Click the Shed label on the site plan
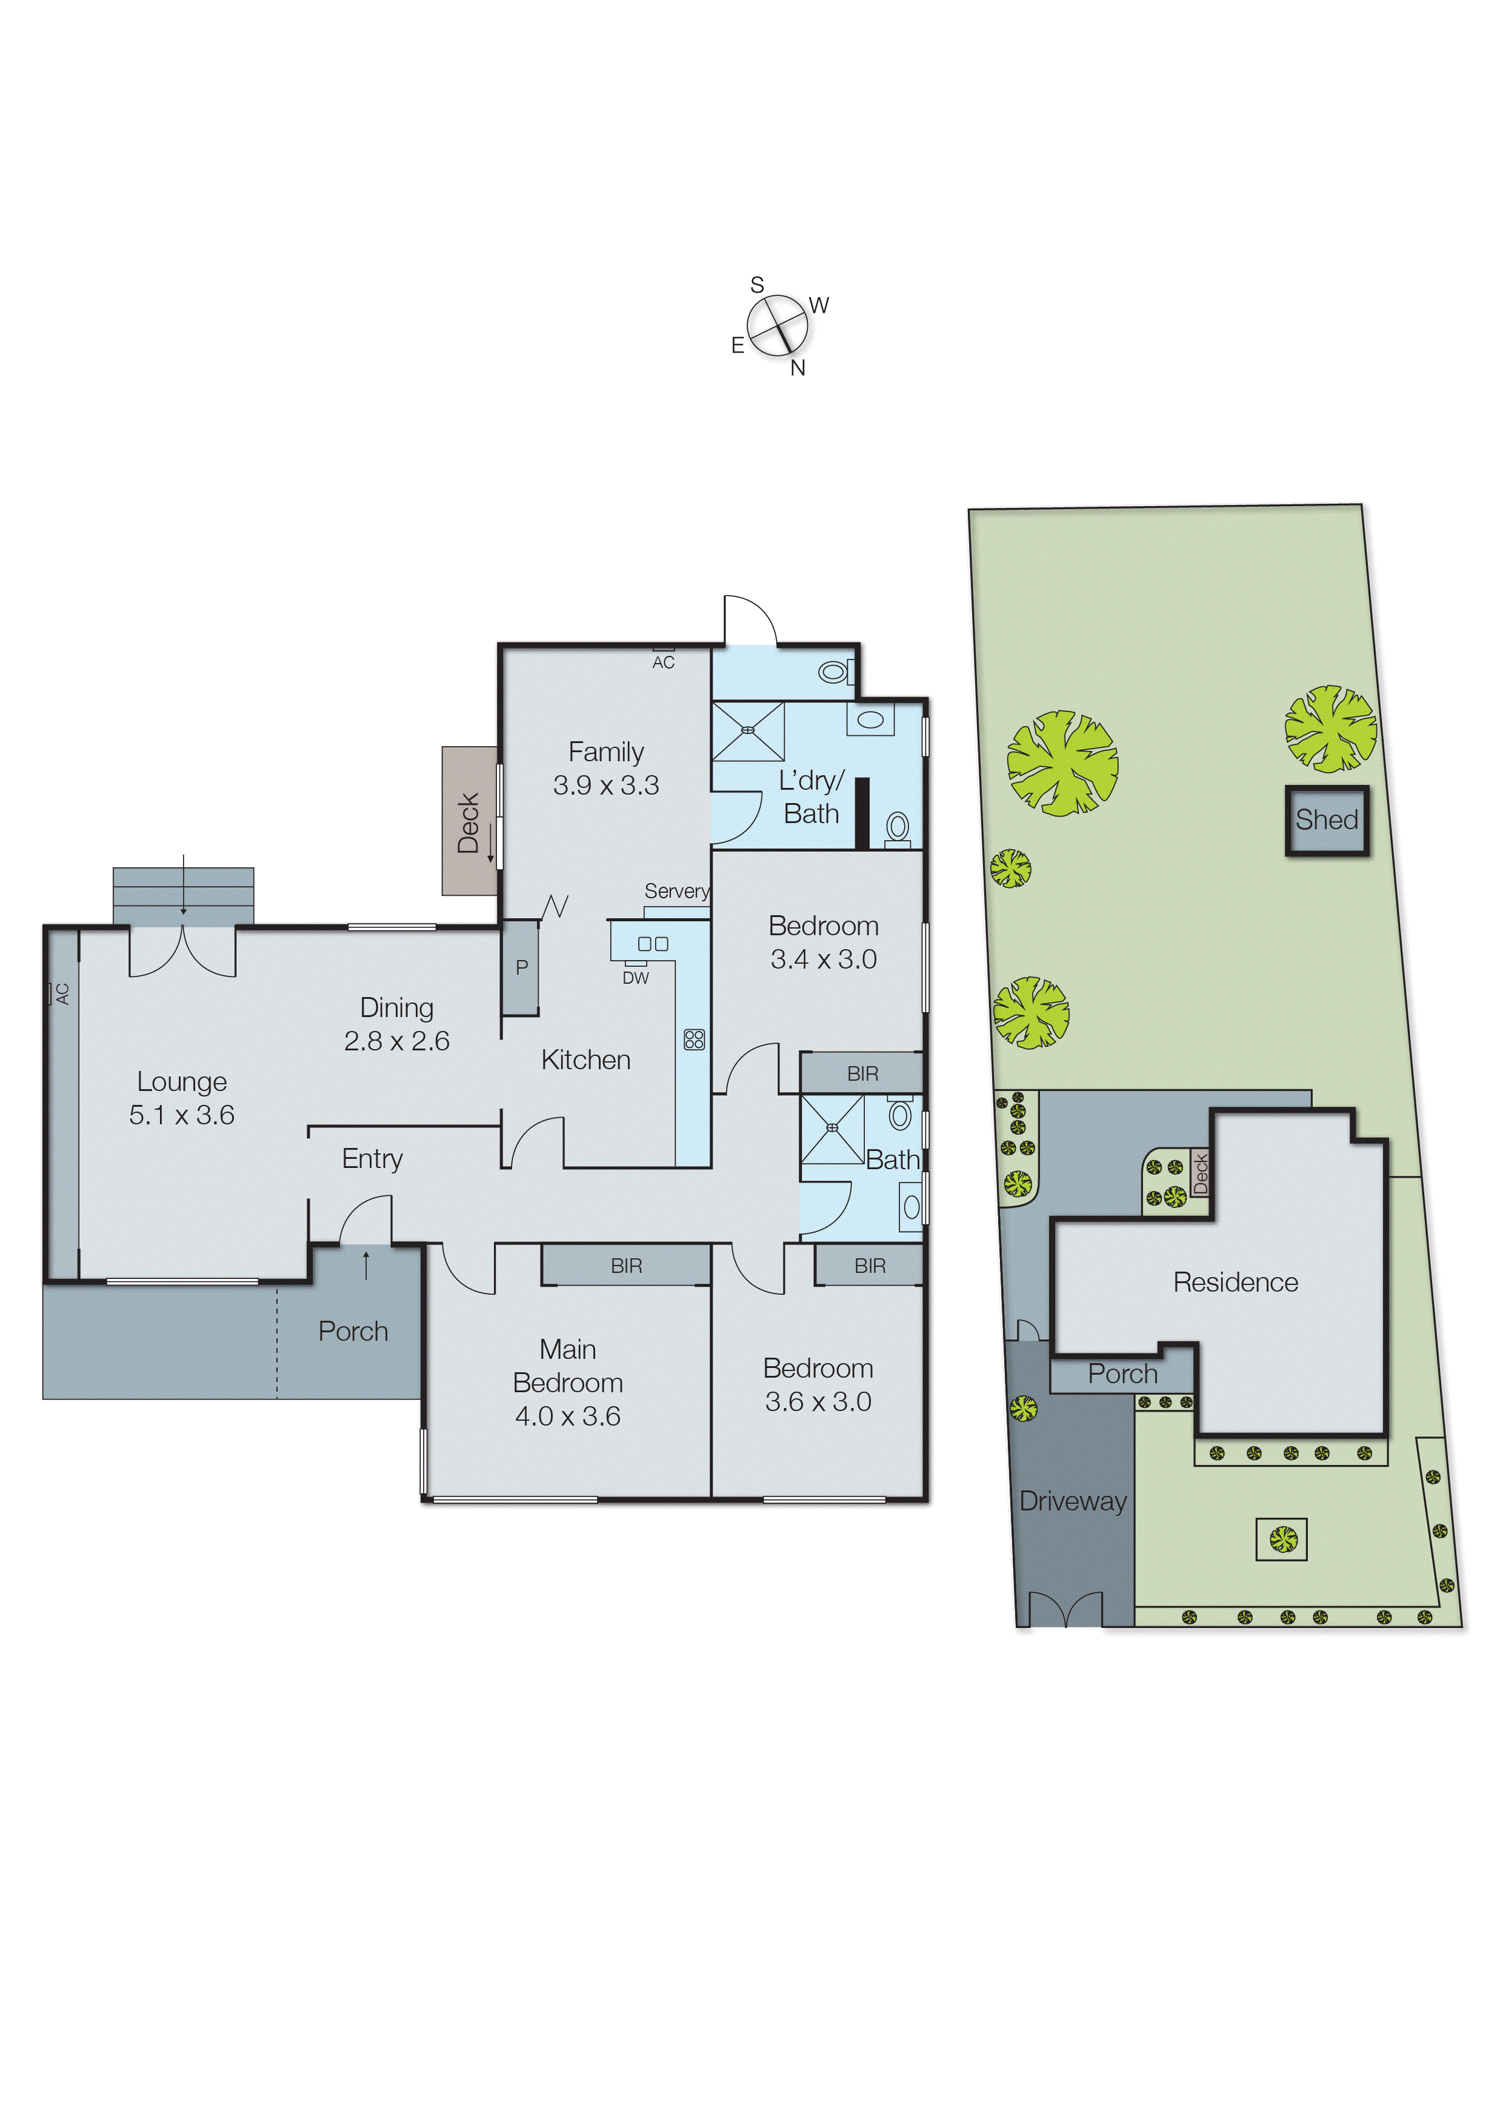(x=1325, y=820)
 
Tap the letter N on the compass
(x=798, y=369)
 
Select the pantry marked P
(x=521, y=967)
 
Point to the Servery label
(x=676, y=891)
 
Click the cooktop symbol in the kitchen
(x=693, y=1039)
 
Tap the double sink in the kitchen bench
(x=653, y=944)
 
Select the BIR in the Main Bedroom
(x=625, y=1265)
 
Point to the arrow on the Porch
(x=367, y=1264)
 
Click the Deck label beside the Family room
(x=468, y=822)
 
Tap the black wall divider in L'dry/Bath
(x=862, y=813)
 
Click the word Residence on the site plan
(x=1235, y=1282)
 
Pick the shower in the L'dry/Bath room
(x=748, y=731)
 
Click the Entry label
(x=372, y=1159)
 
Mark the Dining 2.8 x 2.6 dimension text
(x=396, y=1041)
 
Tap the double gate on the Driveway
(x=1065, y=1610)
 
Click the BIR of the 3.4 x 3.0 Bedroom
(x=862, y=1073)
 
